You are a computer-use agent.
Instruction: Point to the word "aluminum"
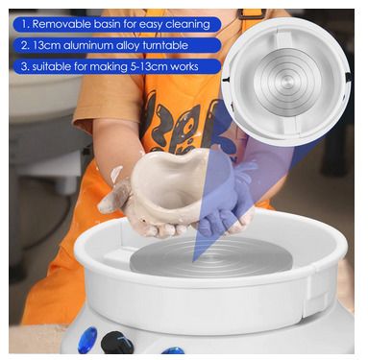pyautogui.click(x=87, y=45)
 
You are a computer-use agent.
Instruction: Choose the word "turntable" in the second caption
pyautogui.click(x=164, y=45)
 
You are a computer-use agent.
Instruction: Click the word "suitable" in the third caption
pyautogui.click(x=51, y=66)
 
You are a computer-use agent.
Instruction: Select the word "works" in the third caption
pyautogui.click(x=184, y=66)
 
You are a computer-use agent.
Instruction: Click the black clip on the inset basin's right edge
pyautogui.click(x=348, y=77)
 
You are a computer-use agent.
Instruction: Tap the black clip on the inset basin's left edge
pyautogui.click(x=227, y=79)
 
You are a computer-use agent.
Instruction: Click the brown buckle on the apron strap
pyautogui.click(x=252, y=13)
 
